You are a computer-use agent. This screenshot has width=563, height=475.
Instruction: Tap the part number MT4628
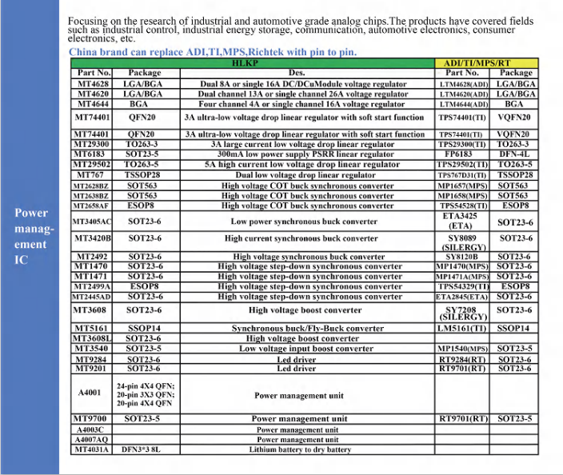pos(92,82)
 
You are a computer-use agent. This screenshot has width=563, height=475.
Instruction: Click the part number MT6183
pos(92,154)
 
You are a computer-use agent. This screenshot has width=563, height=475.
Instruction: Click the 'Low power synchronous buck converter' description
pos(305,221)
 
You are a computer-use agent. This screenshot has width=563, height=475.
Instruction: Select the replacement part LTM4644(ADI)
pos(464,104)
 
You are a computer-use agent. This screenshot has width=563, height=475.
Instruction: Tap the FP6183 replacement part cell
pos(458,154)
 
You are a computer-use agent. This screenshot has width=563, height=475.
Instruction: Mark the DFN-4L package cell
pos(514,154)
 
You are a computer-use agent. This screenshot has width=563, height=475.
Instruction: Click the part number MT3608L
pos(92,338)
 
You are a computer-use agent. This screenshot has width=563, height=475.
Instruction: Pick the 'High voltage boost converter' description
pos(305,310)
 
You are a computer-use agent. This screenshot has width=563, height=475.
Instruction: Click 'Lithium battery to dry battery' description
pos(299,449)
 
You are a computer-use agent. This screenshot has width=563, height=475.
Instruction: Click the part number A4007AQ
pos(91,439)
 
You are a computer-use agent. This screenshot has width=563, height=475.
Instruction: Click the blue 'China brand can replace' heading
pos(213,52)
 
